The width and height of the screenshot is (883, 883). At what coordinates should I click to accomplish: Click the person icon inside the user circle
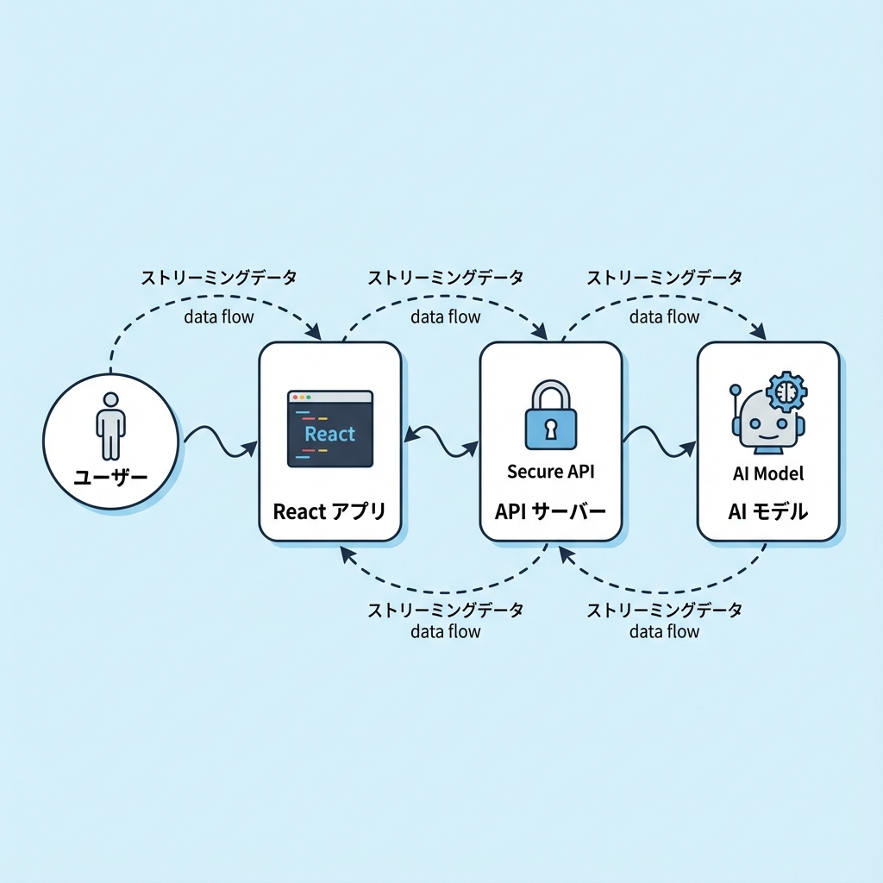tap(110, 426)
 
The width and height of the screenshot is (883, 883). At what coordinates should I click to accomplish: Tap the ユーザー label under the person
tap(110, 477)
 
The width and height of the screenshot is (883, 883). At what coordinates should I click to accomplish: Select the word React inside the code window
tap(329, 434)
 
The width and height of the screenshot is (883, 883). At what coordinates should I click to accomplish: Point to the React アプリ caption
tap(329, 511)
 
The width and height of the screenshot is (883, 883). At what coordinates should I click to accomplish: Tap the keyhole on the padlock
tap(550, 427)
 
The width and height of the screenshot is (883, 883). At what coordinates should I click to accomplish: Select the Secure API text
tap(550, 472)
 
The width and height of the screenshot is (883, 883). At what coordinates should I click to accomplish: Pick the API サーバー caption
tap(550, 511)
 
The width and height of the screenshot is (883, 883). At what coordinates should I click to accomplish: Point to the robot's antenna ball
tap(736, 390)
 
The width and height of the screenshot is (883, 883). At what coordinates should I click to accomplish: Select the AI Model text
tap(767, 473)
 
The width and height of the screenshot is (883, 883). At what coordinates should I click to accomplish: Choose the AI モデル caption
tap(767, 511)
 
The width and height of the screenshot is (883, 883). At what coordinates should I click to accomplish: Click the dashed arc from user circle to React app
tap(198, 301)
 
